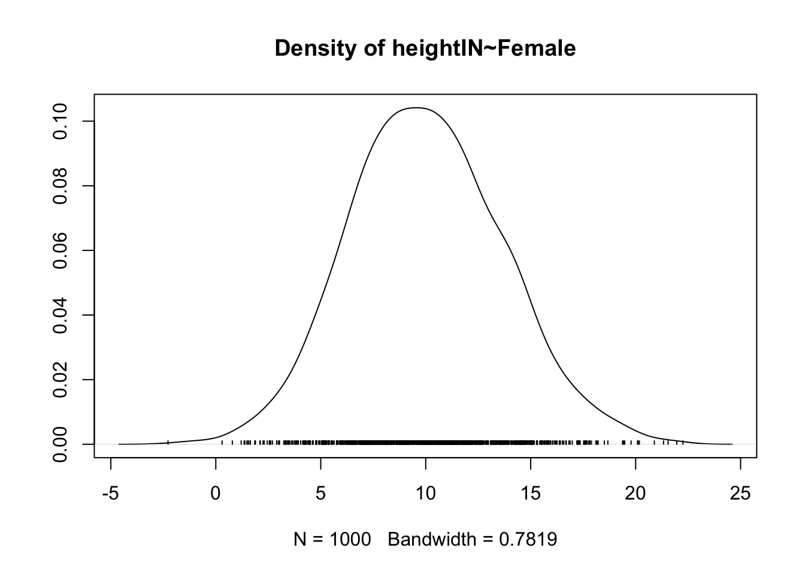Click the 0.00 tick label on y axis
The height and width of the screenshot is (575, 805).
click(60, 444)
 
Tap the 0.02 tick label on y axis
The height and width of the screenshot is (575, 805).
click(60, 379)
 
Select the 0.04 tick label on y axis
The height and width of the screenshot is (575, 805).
click(60, 315)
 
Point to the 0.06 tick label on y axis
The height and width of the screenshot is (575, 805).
click(60, 250)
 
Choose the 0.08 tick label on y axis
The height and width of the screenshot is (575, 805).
click(60, 186)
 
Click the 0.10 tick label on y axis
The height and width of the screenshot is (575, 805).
click(60, 122)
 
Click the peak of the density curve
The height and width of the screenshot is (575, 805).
click(416, 108)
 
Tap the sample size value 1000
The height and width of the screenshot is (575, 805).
click(350, 540)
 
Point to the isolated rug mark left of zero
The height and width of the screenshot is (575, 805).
click(168, 443)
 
